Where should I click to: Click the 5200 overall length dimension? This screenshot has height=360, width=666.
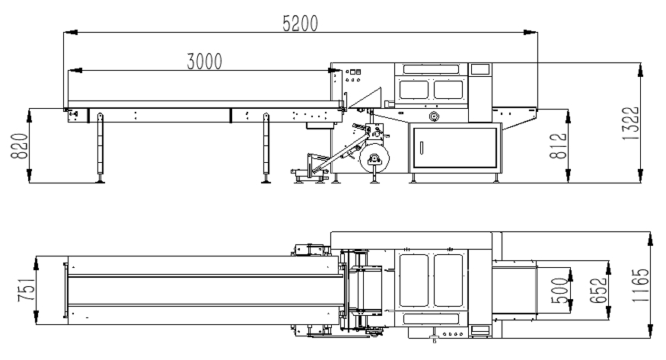click(x=299, y=24)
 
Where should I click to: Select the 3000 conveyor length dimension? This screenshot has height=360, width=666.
click(x=204, y=62)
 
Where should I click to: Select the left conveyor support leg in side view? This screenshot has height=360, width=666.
click(x=100, y=148)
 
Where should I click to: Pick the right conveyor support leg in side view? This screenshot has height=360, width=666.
click(x=266, y=148)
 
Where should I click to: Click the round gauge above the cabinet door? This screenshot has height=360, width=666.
click(x=434, y=116)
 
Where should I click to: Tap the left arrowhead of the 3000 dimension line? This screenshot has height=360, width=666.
click(x=71, y=71)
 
